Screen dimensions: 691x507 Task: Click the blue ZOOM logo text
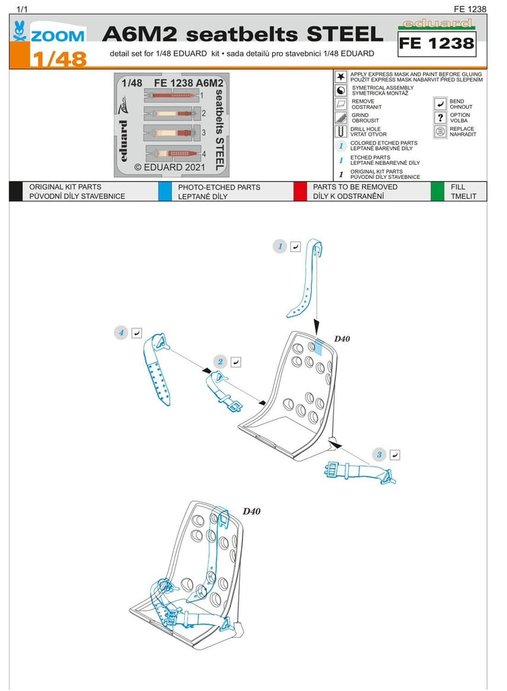click(57, 36)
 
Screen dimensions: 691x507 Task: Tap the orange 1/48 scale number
click(59, 59)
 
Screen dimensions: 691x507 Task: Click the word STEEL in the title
click(345, 34)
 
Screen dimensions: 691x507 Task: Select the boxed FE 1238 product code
click(436, 44)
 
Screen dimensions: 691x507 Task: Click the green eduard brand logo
click(436, 23)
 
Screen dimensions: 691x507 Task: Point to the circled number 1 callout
click(280, 246)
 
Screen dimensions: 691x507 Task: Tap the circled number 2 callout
click(220, 362)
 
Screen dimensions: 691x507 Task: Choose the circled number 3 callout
click(379, 455)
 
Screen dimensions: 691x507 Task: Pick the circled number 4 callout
click(121, 333)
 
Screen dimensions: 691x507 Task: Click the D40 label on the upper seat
click(342, 339)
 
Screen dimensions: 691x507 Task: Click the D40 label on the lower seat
click(251, 512)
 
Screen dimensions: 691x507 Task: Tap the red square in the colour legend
click(300, 191)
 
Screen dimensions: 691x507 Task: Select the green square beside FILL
click(437, 191)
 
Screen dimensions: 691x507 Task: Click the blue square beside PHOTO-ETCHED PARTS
click(165, 191)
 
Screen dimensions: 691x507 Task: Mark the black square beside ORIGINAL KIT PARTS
click(16, 191)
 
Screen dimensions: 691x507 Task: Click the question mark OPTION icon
click(440, 118)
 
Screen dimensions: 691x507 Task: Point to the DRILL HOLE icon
click(340, 132)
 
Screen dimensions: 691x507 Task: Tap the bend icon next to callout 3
click(395, 455)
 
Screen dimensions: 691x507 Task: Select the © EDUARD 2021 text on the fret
click(170, 167)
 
